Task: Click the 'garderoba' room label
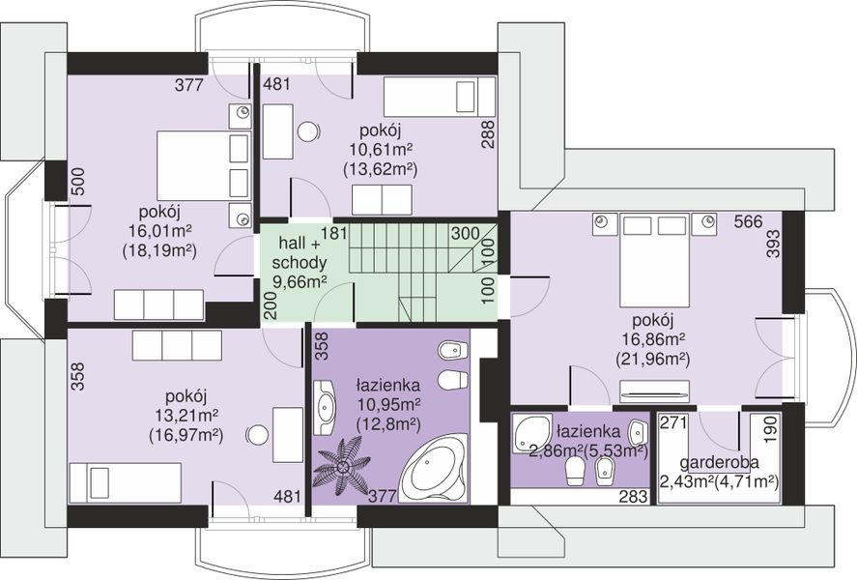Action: [719, 462]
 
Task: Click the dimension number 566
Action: [748, 222]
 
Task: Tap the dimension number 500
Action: [78, 182]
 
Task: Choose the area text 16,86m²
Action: [653, 339]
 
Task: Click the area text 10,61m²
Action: [381, 149]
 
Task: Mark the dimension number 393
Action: [774, 244]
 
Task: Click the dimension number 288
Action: [488, 134]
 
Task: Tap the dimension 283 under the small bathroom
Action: [633, 496]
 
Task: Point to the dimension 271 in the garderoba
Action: [674, 422]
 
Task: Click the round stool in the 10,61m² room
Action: [308, 131]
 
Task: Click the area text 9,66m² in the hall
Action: [300, 282]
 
